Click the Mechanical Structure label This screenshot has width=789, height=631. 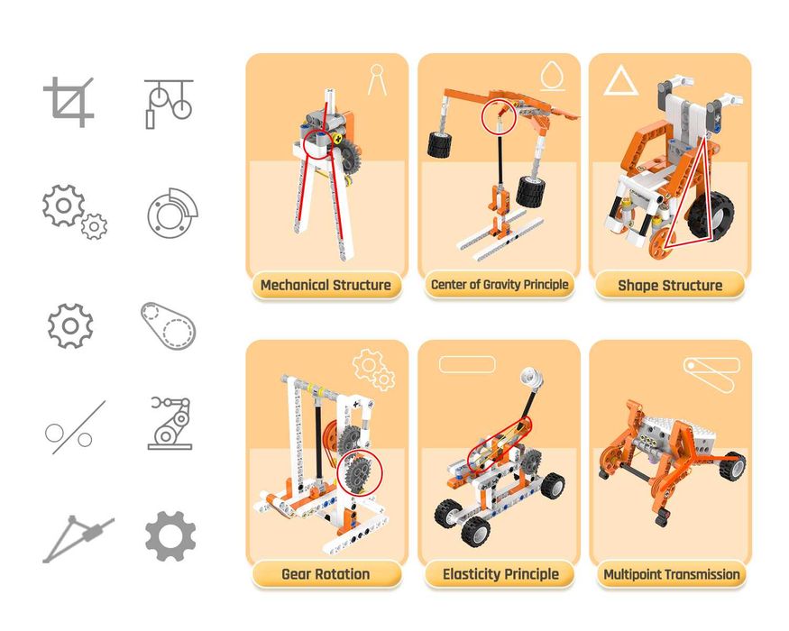click(x=326, y=286)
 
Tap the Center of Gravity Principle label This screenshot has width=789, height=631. click(x=500, y=285)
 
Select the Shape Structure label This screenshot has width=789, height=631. click(x=670, y=286)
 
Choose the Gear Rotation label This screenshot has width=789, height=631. click(x=326, y=574)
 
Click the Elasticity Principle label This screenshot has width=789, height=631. click(x=500, y=574)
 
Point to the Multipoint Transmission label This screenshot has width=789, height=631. click(x=671, y=574)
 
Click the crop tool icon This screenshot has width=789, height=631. click(x=69, y=102)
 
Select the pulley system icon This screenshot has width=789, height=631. click(x=169, y=104)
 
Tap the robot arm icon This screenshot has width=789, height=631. click(x=170, y=423)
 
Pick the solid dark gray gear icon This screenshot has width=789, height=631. click(x=170, y=535)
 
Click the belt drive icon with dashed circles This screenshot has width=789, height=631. click(x=168, y=325)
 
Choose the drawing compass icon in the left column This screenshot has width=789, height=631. click(x=78, y=539)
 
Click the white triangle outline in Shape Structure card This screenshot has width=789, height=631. click(x=620, y=80)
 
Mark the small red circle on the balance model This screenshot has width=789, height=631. click(x=500, y=117)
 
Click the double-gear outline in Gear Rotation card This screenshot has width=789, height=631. click(x=374, y=370)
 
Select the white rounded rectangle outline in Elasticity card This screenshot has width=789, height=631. click(x=467, y=364)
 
